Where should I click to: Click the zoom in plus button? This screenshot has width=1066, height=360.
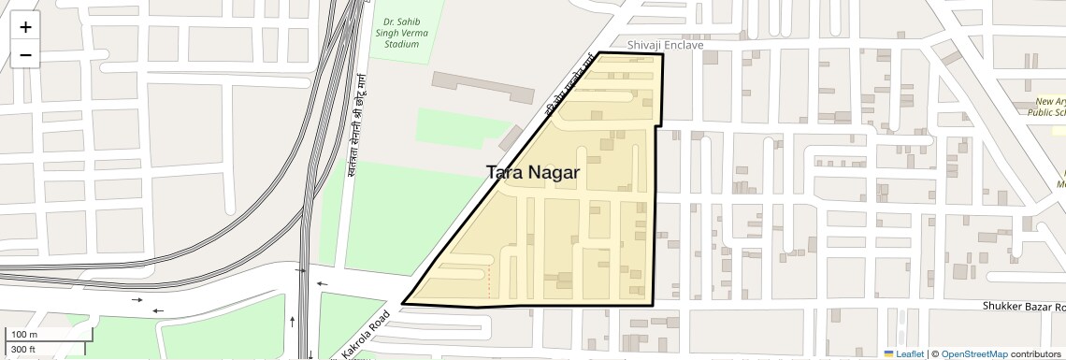25,27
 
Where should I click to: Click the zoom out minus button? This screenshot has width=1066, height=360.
25,55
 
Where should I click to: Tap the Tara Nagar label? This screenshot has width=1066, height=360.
533,173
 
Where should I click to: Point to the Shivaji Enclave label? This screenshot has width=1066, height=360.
665,45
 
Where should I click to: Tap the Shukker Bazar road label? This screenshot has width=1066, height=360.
1023,307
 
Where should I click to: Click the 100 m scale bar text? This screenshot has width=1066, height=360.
23,335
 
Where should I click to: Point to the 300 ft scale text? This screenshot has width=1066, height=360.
23,350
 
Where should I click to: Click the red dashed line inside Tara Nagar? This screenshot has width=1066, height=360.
488,282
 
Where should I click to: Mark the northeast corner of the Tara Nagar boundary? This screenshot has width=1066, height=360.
663,54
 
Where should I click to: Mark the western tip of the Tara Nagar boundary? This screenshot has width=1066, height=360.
403,303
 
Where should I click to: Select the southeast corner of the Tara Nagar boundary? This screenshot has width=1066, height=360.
652,305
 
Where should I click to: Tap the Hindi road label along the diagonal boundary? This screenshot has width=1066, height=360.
571,89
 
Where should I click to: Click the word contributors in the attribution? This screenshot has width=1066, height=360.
1037,353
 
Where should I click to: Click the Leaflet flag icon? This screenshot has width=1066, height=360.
889,353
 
